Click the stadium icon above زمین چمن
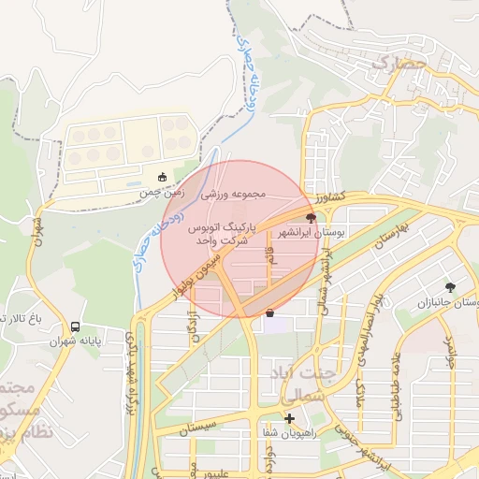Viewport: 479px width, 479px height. pos(162,177)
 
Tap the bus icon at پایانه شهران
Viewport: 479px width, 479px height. pos(75,327)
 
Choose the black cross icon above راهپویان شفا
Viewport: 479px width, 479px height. pos(290,418)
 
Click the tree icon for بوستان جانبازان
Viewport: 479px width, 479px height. pos(450,287)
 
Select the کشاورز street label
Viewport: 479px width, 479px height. pos(330,197)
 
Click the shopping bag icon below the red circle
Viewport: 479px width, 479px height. pos(270,313)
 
